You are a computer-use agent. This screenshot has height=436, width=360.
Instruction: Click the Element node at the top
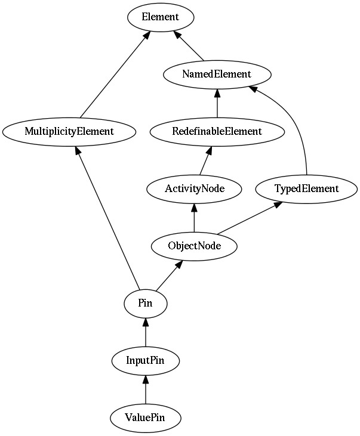pyautogui.click(x=161, y=17)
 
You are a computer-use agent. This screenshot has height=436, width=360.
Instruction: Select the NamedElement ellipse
pyautogui.click(x=217, y=75)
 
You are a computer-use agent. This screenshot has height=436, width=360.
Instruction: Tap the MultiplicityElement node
pyautogui.click(x=69, y=132)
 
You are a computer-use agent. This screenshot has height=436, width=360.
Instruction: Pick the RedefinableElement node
pyautogui.click(x=217, y=132)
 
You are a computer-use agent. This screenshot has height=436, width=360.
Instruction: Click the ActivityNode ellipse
pyautogui.click(x=195, y=189)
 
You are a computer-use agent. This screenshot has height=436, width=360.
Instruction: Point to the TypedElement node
pyautogui.click(x=306, y=189)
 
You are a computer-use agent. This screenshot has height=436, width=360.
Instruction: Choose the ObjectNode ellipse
pyautogui.click(x=195, y=246)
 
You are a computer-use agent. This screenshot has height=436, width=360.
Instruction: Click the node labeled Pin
pyautogui.click(x=146, y=304)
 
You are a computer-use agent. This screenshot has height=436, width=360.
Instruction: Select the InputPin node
pyautogui.click(x=146, y=361)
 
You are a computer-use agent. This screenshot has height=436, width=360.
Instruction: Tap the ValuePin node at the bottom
pyautogui.click(x=146, y=418)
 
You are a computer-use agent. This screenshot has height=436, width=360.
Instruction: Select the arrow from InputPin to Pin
pyautogui.click(x=146, y=332)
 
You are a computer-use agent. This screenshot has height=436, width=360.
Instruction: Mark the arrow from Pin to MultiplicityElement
pyautogui.click(x=107, y=218)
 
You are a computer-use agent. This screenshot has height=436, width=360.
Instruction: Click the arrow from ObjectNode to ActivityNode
pyautogui.click(x=195, y=218)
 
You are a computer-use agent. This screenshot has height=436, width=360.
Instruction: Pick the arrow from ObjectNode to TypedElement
pyautogui.click(x=250, y=218)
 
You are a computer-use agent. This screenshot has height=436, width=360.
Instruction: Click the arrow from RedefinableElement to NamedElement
pyautogui.click(x=217, y=103)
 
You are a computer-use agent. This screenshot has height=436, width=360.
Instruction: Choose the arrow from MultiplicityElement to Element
pyautogui.click(x=115, y=74)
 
